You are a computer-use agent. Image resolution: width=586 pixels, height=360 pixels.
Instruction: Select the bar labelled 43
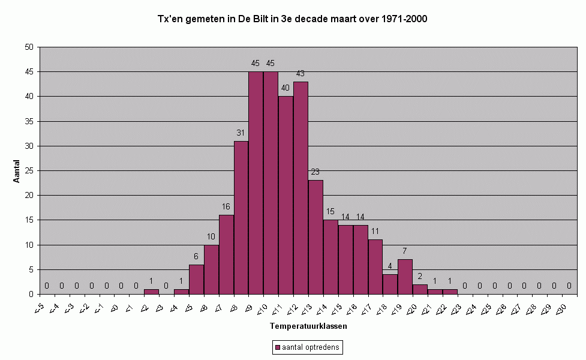[x=301, y=188]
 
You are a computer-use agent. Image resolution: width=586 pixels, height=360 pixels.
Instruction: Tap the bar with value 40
[x=286, y=195]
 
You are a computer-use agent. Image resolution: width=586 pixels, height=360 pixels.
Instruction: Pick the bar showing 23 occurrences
[x=316, y=238]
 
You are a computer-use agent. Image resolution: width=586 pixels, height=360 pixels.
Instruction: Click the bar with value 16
[x=227, y=254]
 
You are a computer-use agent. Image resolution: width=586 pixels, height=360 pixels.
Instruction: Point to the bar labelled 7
[x=405, y=277]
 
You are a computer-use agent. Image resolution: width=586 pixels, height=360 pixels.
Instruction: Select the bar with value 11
[x=375, y=267]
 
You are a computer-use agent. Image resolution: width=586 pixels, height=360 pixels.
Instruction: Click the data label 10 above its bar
[x=211, y=236]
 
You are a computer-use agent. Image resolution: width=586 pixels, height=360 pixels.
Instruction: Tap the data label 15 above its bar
[x=330, y=212]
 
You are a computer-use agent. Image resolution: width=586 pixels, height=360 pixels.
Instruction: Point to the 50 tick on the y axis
[x=29, y=47]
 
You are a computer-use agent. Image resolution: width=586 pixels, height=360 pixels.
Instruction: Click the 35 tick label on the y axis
[x=29, y=121]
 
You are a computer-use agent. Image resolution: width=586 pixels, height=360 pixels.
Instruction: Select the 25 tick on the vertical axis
[x=29, y=171]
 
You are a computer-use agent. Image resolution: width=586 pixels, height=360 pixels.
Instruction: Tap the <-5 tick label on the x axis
[x=39, y=309]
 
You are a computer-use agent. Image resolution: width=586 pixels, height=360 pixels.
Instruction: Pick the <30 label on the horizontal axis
[x=561, y=309]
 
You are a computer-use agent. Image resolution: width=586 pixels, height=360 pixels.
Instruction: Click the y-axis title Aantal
[x=16, y=171]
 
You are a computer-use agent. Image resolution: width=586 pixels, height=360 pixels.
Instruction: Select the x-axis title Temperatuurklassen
[x=308, y=326]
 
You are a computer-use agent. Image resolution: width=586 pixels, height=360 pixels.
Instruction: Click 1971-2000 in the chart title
[x=404, y=19]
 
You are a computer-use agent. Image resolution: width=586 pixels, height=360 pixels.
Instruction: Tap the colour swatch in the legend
[x=277, y=347]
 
